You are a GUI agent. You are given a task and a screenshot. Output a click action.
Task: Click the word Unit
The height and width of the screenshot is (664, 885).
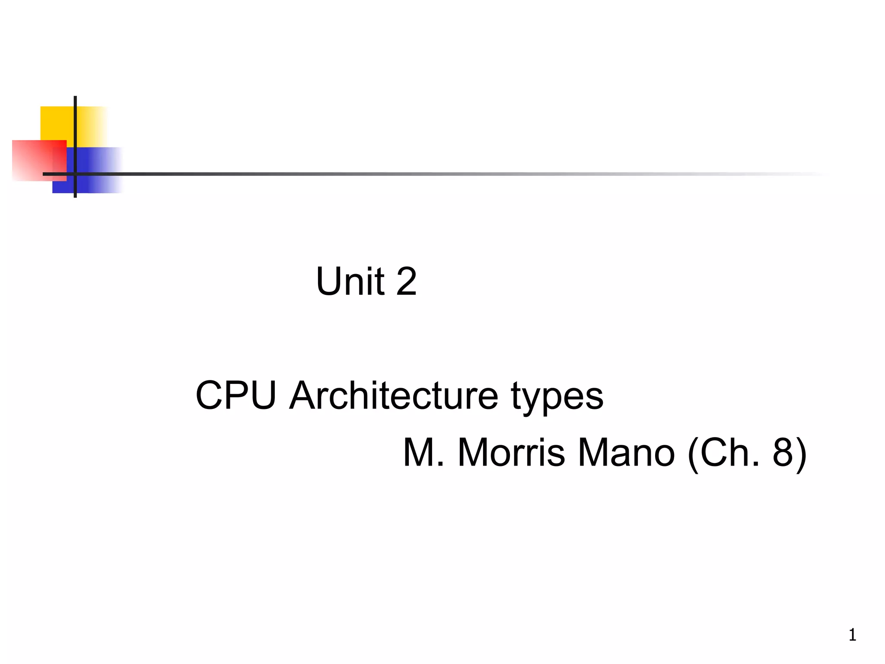click(350, 281)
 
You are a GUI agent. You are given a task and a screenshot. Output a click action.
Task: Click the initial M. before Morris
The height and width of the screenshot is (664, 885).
click(423, 453)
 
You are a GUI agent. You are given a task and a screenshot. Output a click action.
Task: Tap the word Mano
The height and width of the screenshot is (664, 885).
click(626, 453)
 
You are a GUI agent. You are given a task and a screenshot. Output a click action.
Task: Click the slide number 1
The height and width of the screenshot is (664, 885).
click(852, 635)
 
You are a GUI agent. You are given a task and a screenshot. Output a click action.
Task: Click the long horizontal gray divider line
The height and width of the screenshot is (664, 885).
click(432, 174)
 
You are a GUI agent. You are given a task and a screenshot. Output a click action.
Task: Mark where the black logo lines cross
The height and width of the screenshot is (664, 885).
click(75, 174)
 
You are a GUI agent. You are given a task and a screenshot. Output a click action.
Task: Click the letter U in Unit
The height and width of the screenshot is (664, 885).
click(329, 281)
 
